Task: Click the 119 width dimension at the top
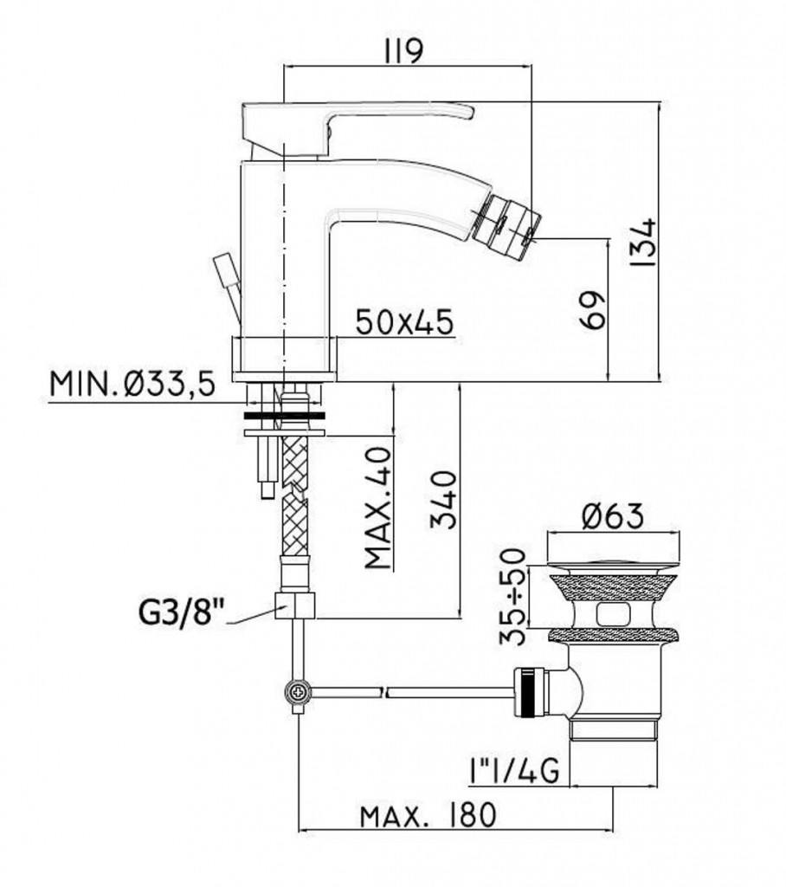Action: pos(403,53)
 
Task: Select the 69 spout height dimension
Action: pos(592,310)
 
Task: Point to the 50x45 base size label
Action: pos(405,322)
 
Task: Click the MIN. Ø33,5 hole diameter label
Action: pos(133,385)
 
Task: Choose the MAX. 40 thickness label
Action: pos(377,508)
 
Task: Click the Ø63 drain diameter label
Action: pos(612,516)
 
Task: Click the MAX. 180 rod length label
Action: pos(428,815)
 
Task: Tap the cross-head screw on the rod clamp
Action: pos(298,691)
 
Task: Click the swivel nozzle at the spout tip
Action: pos(506,226)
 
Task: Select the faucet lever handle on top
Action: pos(357,128)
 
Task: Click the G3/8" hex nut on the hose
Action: pos(294,605)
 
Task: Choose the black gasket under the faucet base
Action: pos(285,417)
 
